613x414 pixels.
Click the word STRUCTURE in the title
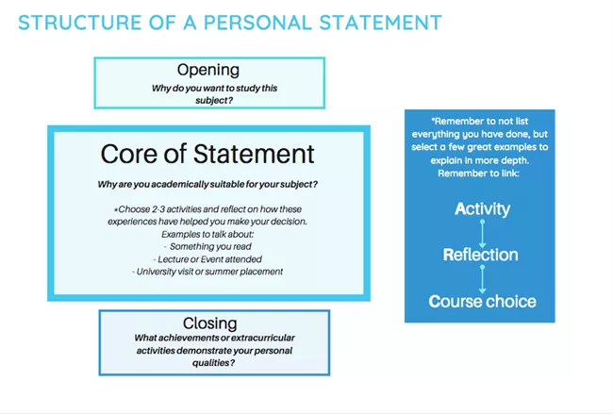point(80,23)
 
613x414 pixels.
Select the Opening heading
point(208,71)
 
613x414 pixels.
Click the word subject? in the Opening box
point(214,101)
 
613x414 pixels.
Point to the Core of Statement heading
point(207,154)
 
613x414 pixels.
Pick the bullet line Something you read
point(207,246)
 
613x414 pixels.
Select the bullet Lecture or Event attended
point(207,259)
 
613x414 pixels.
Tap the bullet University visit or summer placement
point(207,272)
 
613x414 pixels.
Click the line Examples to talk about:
point(207,234)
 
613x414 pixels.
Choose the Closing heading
point(210,323)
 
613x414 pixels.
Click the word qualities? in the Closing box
point(213,363)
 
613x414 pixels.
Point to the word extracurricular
point(263,338)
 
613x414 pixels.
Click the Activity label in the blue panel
point(483,208)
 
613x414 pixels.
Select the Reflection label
point(480,255)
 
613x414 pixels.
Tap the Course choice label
point(483,302)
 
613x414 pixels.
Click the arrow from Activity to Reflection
point(483,233)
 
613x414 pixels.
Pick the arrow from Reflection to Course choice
point(483,279)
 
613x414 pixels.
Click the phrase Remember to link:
point(478,174)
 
